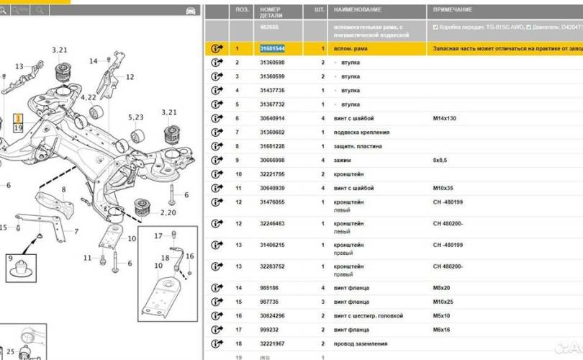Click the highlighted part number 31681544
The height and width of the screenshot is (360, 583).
[272, 48]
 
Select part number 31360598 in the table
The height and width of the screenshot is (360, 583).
[272, 63]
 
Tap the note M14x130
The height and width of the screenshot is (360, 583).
[444, 118]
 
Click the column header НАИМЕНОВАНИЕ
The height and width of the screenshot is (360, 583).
[352, 10]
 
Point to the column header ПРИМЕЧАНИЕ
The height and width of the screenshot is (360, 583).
[453, 10]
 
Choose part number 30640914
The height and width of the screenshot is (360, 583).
[272, 118]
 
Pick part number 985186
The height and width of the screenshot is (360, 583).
[269, 288]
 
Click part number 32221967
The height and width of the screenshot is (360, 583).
[272, 343]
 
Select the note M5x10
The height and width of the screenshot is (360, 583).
[441, 315]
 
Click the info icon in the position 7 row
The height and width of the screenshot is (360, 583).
[216, 132]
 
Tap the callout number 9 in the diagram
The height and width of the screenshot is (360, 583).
[11, 257]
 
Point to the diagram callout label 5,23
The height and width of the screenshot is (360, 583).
[136, 117]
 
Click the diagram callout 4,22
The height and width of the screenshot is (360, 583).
[89, 97]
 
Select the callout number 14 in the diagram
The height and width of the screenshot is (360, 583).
[93, 62]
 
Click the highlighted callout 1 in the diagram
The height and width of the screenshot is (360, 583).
[18, 117]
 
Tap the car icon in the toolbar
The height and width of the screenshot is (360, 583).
[191, 11]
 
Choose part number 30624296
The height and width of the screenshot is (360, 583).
[272, 315]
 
